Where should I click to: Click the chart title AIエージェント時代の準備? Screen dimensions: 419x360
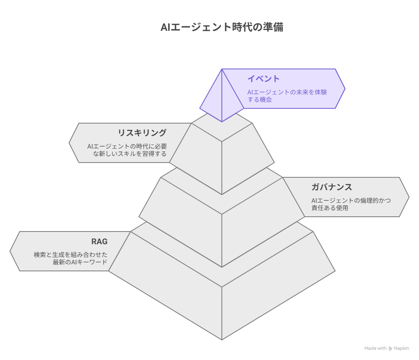coord(222,27)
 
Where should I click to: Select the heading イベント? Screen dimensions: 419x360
coord(263,78)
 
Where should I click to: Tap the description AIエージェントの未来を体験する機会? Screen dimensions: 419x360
coord(287,96)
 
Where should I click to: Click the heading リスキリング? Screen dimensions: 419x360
coord(142,133)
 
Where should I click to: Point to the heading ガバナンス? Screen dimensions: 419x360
coord(332,187)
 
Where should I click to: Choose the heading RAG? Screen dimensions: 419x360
coord(99,241)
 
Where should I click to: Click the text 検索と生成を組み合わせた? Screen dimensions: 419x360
coord(71,255)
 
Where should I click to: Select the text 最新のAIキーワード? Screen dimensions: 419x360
coord(80,262)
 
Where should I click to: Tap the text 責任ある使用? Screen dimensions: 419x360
coord(330,208)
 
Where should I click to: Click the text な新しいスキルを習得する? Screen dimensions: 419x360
coord(129,154)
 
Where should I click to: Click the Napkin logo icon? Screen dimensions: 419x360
coord(390,348)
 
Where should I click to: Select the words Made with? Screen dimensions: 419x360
coord(375,348)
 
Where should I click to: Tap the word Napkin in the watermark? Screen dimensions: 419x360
coord(401,348)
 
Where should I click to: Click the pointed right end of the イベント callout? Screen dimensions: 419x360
coord(345,89)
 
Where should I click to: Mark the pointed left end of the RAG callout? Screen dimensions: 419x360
coord(10,251)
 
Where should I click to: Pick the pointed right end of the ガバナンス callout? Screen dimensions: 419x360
coord(409,197)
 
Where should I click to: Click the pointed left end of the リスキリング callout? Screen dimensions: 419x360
coord(69,143)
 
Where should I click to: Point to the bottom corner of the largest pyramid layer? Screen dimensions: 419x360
coord(222,340)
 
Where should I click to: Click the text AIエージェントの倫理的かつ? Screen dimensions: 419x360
coord(351,200)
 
